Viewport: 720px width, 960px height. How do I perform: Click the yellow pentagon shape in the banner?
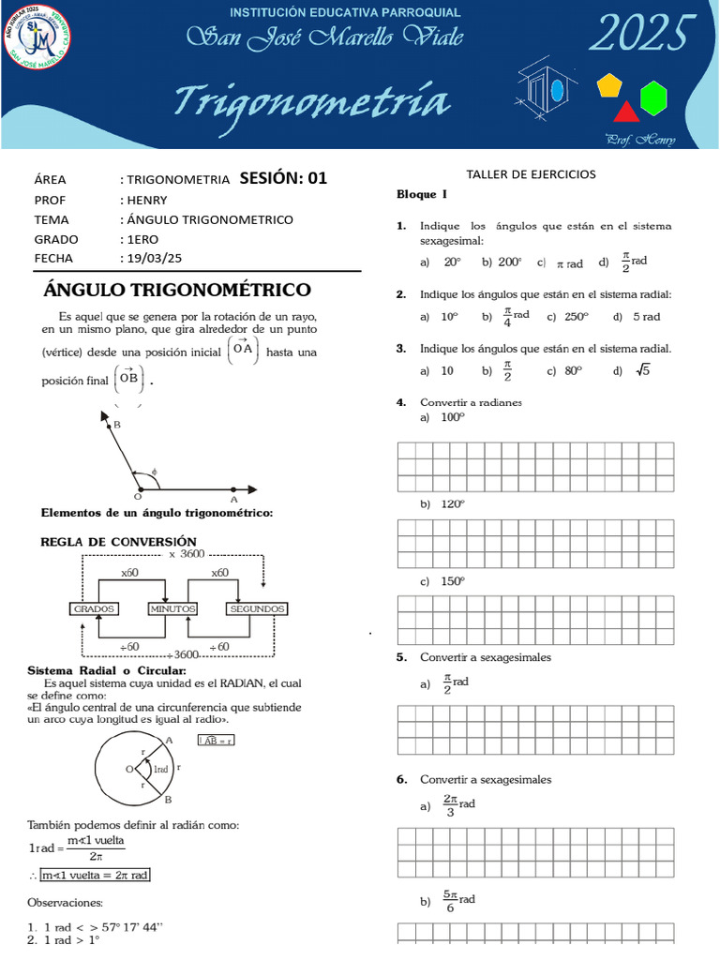(x=610, y=86)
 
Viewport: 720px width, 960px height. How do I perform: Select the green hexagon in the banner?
(x=653, y=96)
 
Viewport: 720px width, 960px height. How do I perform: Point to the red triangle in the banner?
(x=625, y=112)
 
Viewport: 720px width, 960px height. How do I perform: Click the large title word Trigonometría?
(x=312, y=102)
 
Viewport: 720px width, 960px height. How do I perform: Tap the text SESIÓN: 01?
(x=283, y=178)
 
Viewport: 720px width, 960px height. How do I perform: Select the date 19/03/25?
(x=157, y=258)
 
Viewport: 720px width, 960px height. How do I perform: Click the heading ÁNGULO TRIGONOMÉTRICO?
(x=178, y=290)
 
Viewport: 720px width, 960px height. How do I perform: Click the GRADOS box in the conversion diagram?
(x=95, y=608)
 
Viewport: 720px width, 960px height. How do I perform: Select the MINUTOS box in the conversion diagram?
(x=172, y=608)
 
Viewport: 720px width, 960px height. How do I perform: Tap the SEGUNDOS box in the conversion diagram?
(x=256, y=608)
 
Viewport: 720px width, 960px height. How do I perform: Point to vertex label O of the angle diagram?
(x=137, y=496)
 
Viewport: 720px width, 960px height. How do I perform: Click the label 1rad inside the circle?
(x=160, y=769)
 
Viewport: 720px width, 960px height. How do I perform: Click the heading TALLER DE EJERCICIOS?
(x=531, y=174)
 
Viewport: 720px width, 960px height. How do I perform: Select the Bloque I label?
(x=416, y=194)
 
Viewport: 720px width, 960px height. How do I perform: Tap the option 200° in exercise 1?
(x=510, y=263)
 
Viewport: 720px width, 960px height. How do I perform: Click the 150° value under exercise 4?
(x=453, y=581)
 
